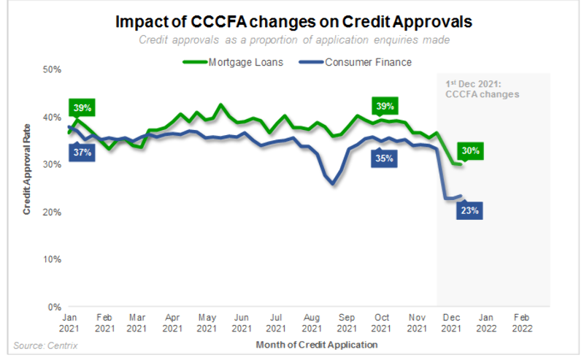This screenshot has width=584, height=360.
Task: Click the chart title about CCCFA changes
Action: coord(293,22)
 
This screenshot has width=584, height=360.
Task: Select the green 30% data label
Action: coord(469,151)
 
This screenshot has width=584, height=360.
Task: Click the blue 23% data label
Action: coord(469,211)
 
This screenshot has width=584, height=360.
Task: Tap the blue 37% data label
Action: coord(82,151)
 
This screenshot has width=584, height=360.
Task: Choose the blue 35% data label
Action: coord(385,158)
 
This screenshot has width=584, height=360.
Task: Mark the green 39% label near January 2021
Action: coord(82,108)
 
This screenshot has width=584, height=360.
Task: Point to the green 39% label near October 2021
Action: coord(385,107)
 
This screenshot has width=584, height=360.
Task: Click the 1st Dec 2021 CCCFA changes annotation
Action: coord(482,89)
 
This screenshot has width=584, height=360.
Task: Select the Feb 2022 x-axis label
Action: coord(521,323)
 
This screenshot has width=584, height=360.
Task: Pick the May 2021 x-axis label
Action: coord(207,323)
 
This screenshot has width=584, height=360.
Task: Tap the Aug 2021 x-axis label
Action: coord(312,323)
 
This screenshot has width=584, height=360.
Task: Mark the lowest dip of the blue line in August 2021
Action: coord(334,184)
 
